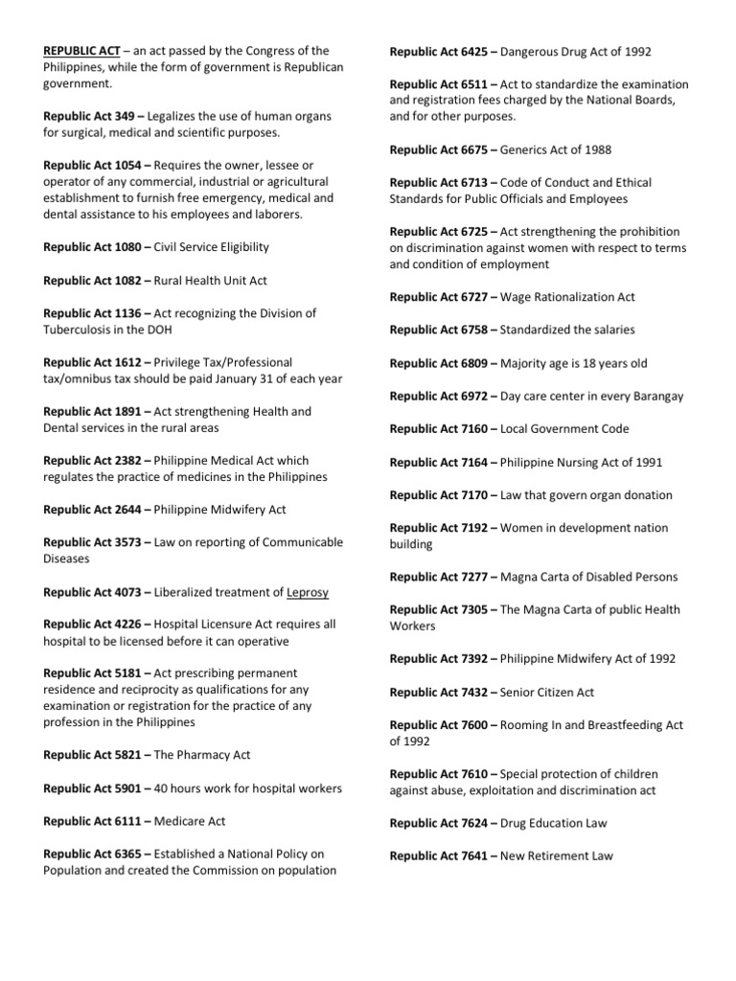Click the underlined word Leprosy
(x=308, y=592)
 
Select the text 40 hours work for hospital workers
(x=247, y=788)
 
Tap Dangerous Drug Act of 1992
(x=576, y=51)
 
